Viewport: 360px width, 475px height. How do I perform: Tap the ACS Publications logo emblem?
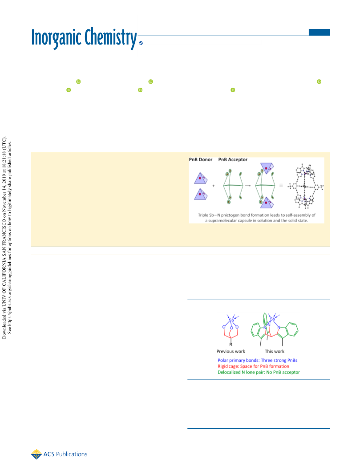36,454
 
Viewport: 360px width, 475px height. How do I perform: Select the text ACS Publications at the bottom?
65,454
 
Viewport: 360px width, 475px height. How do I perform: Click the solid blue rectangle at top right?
319,32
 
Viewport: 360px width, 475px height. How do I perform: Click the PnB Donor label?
200,160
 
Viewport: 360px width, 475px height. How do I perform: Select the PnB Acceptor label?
233,160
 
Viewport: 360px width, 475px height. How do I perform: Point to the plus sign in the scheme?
214,186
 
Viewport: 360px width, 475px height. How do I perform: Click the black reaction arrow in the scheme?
248,185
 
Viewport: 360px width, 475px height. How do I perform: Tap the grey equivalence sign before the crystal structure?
281,185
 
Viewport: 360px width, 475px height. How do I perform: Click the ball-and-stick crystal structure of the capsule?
306,186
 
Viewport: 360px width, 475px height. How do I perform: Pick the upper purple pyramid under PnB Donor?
201,179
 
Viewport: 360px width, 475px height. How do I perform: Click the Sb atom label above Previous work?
231,320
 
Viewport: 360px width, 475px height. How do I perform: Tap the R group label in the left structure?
231,345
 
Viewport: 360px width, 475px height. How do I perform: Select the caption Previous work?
231,351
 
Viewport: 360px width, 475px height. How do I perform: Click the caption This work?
275,351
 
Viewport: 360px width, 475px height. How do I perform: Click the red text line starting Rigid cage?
253,366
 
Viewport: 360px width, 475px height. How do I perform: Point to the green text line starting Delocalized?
259,372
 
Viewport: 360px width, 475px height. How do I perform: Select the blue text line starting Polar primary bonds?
258,361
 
